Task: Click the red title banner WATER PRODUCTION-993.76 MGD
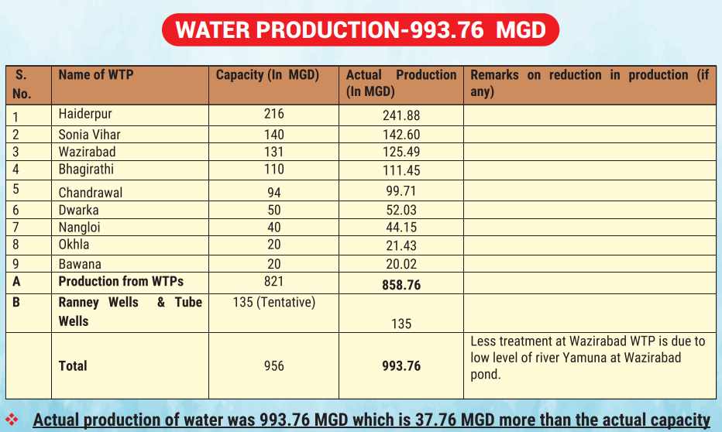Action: tap(360, 30)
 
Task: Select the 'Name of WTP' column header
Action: tap(96, 75)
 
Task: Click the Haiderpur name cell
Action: tap(85, 114)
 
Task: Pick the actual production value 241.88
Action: tap(401, 115)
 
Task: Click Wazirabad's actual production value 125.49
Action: tap(401, 152)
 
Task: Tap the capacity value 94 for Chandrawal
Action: tap(274, 192)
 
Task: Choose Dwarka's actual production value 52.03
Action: tap(401, 211)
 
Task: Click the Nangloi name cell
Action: tap(80, 228)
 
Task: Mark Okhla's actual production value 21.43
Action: tap(401, 245)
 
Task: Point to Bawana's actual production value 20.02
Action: tap(401, 264)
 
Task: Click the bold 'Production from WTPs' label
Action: tap(121, 282)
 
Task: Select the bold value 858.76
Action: tap(401, 285)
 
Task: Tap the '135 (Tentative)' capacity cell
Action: tap(274, 302)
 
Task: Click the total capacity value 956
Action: tap(274, 365)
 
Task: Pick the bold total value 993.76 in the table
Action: tap(401, 365)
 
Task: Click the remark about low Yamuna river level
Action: tap(587, 358)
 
